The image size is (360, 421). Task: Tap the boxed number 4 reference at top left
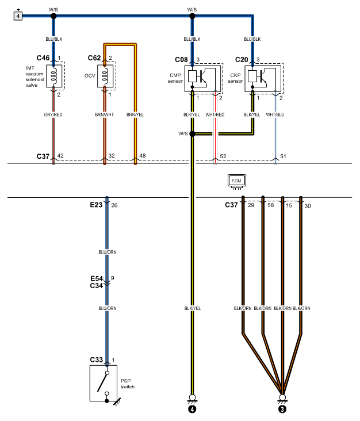tap(18, 16)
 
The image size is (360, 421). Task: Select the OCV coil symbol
tap(105, 76)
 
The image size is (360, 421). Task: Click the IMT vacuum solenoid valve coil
tap(54, 76)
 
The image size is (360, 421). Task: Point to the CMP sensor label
tap(175, 78)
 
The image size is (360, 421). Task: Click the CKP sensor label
tap(235, 78)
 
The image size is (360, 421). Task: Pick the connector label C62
tap(94, 58)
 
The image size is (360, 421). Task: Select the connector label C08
tap(181, 60)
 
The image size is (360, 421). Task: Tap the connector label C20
tap(242, 60)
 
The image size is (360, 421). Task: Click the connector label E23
tap(96, 205)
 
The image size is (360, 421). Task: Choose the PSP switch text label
tap(128, 384)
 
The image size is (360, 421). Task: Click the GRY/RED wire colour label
tap(53, 114)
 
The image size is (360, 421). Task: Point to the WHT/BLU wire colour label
tap(275, 114)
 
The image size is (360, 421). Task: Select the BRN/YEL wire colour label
tap(135, 114)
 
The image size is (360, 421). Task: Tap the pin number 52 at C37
tap(223, 156)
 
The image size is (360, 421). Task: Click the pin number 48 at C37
tap(143, 156)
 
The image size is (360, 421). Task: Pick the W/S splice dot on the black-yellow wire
tap(193, 133)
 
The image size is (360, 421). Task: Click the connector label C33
tap(97, 360)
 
